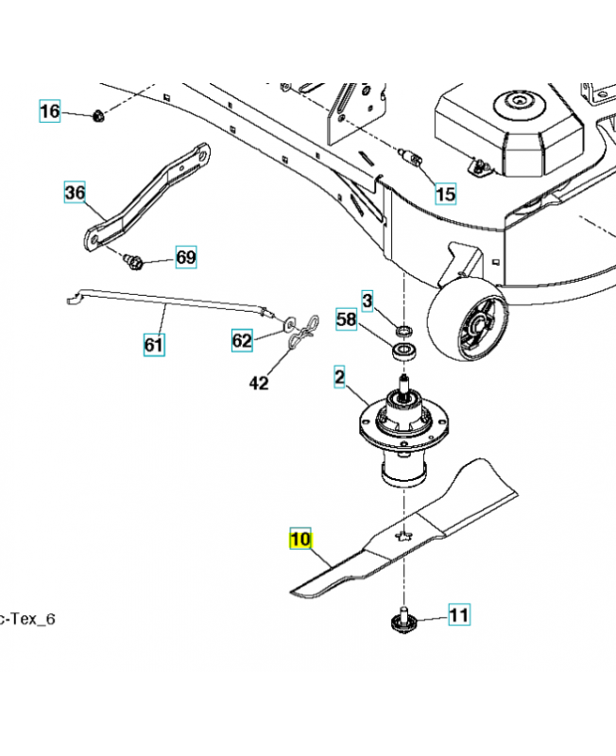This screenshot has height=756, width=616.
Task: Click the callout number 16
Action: tap(49, 112)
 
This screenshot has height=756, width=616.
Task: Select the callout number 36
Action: tap(75, 195)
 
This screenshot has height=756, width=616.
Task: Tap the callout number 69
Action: tap(186, 258)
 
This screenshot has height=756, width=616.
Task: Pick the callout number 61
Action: tap(153, 346)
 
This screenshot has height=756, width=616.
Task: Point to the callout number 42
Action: tap(259, 384)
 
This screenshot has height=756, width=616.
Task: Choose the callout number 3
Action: tap(368, 301)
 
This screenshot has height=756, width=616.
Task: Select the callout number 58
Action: tap(347, 320)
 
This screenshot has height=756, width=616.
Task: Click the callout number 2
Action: tap(339, 378)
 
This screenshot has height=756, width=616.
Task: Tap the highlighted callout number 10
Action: tap(299, 541)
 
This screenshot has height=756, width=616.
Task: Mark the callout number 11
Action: tap(458, 617)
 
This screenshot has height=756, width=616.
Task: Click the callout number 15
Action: tap(444, 195)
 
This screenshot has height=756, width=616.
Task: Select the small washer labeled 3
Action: tap(404, 331)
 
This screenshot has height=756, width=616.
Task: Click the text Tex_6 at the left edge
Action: tap(28, 619)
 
